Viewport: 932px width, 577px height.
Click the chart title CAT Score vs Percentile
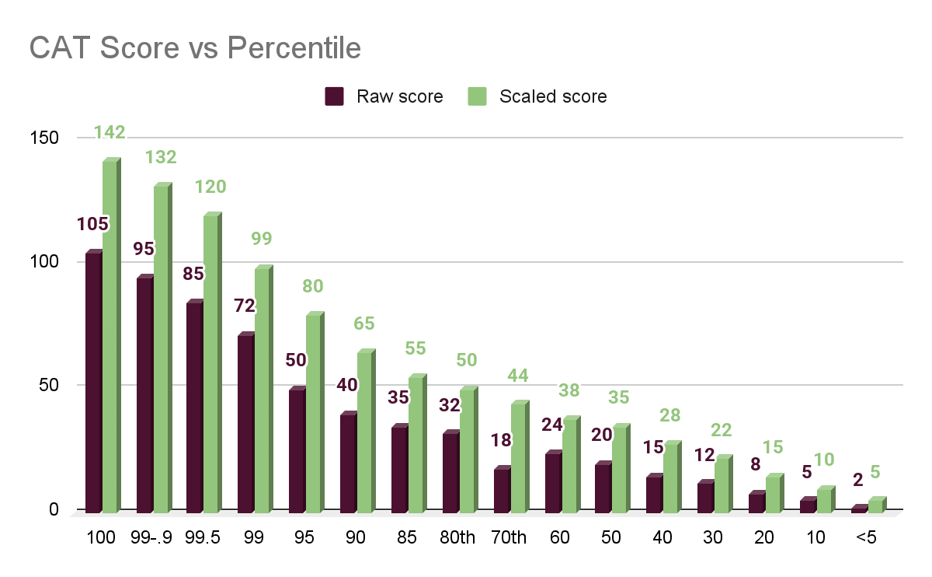[195, 48]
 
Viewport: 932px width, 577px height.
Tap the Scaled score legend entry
[539, 96]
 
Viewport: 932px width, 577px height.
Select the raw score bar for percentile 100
[93, 382]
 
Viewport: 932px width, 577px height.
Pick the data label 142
[110, 133]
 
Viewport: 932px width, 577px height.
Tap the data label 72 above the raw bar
[245, 306]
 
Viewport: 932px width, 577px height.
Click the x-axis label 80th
[457, 537]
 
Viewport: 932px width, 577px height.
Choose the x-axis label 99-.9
[153, 537]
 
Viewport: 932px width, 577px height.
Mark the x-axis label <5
[866, 537]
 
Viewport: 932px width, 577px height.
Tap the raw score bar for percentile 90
[348, 463]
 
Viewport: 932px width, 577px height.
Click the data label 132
[161, 157]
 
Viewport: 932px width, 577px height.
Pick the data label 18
[501, 439]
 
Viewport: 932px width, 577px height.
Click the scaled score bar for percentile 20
[774, 495]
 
